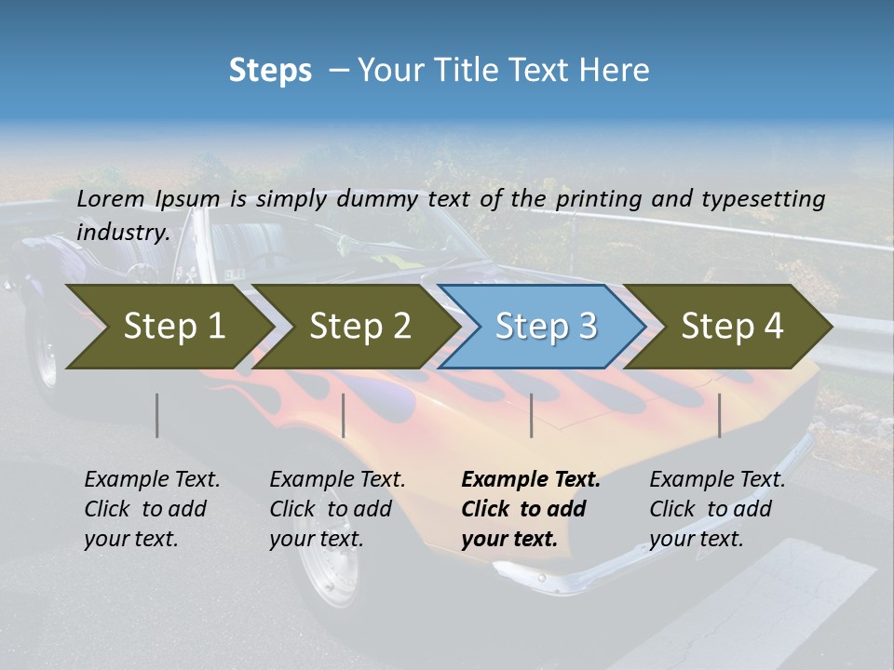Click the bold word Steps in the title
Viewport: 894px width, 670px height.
point(270,71)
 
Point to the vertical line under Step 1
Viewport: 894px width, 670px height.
point(157,415)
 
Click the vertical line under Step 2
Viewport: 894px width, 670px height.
point(344,415)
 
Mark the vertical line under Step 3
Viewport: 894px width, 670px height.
point(532,415)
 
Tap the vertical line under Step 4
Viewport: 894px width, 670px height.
point(720,415)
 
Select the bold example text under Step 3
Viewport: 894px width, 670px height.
point(531,509)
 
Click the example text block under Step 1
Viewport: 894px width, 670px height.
point(152,509)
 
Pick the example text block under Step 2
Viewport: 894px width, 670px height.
point(337,509)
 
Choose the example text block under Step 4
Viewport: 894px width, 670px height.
point(717,509)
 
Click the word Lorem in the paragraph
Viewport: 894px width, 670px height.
point(111,199)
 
